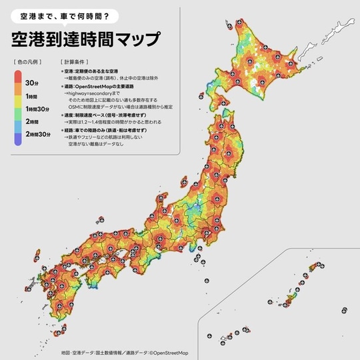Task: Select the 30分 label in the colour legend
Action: (31, 82)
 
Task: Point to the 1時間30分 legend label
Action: (35, 109)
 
